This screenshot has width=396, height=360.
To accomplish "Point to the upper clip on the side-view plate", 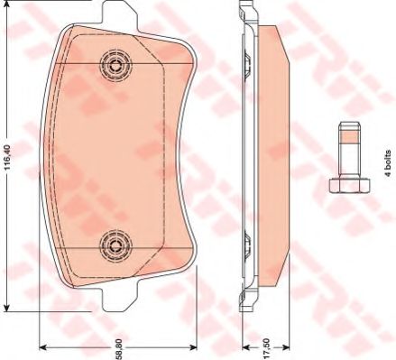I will (244, 61).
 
